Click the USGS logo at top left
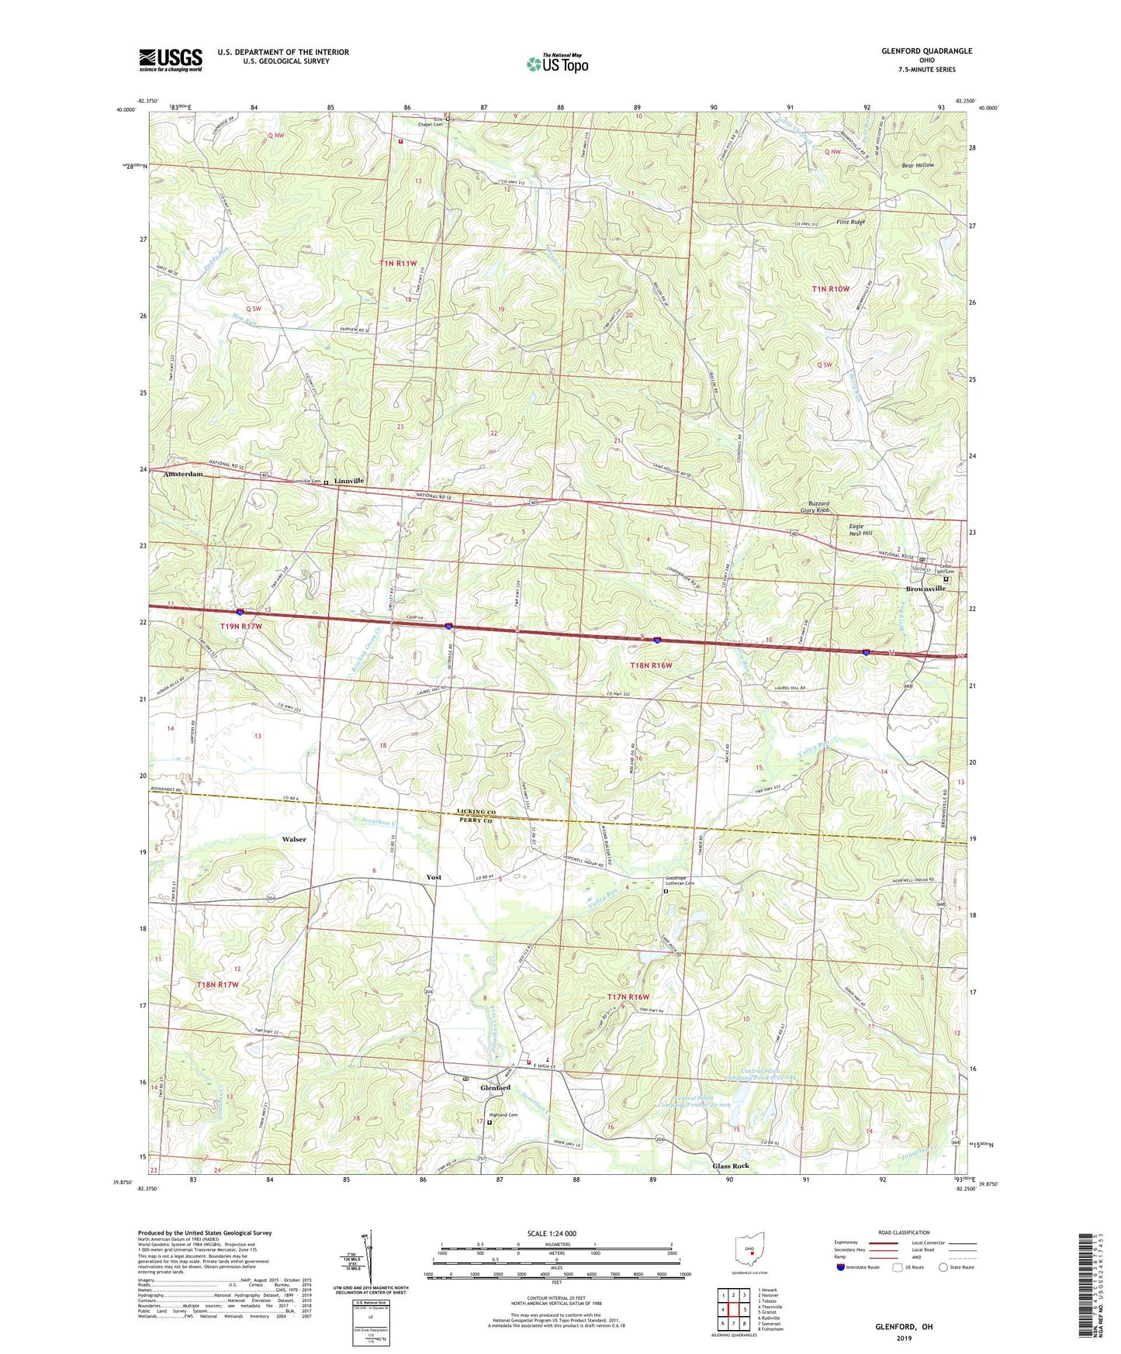(171, 60)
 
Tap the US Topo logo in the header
(557, 64)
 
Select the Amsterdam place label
(183, 474)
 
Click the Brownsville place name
(926, 589)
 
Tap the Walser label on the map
(294, 839)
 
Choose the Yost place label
(434, 877)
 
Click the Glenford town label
(495, 1088)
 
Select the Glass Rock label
(731, 1166)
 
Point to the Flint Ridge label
(851, 222)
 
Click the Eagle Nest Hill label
(856, 530)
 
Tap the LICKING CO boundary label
(476, 812)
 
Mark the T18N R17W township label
(217, 984)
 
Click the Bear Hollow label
(918, 165)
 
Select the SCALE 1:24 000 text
(552, 1233)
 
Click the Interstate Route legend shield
(841, 1267)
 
